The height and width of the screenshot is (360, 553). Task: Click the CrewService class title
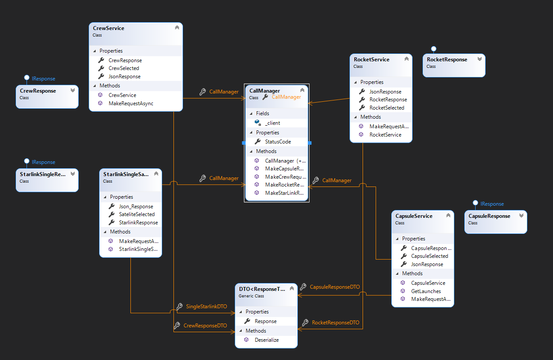point(108,28)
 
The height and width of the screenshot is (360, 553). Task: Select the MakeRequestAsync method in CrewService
point(130,103)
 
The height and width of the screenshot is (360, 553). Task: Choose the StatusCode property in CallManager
point(278,141)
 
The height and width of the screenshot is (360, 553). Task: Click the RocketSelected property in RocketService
point(386,107)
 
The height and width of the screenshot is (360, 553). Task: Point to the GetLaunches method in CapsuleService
point(426,291)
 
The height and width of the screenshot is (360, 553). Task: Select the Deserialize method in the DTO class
point(267,340)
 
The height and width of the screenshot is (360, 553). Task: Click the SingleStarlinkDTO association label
point(207,306)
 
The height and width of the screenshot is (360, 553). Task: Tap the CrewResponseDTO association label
point(205,325)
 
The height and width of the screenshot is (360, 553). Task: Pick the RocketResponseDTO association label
point(335,323)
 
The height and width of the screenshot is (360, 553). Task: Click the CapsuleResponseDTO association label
point(334,287)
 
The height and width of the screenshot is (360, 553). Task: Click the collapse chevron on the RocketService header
point(406,59)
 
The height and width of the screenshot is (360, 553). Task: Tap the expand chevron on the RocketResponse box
point(480,59)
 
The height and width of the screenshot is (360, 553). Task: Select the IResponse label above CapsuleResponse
point(492,203)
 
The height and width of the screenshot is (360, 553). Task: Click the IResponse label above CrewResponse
point(43,79)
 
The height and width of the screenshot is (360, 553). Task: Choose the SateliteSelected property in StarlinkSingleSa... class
point(137,214)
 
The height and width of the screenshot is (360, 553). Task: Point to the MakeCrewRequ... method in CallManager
point(285,177)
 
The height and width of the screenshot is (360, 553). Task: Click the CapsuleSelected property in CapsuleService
point(429,256)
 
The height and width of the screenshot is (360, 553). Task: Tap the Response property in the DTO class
point(265,321)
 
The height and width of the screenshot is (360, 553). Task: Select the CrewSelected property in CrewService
point(123,68)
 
